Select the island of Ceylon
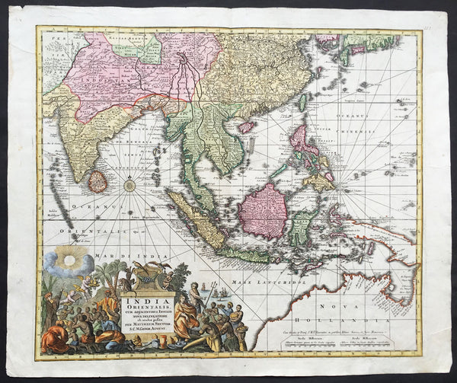[x=97, y=181]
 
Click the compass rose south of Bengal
[x=130, y=184]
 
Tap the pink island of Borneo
[x=262, y=209]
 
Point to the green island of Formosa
[x=302, y=101]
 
